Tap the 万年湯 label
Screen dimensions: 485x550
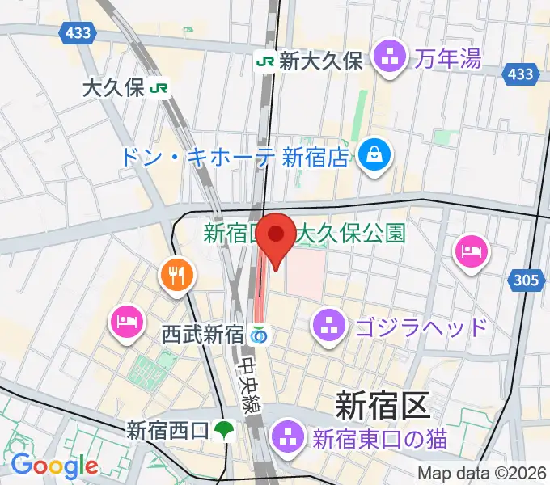[x=449, y=58]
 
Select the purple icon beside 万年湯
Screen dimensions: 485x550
[x=391, y=59]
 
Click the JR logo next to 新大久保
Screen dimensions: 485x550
[x=264, y=60]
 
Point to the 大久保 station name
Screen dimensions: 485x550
[x=113, y=88]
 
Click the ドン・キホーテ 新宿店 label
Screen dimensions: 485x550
[x=235, y=156]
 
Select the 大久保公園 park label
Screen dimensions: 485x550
[x=350, y=234]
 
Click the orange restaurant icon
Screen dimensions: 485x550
[x=176, y=275]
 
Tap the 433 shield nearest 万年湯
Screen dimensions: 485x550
[x=522, y=74]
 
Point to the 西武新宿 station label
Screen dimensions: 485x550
[x=202, y=333]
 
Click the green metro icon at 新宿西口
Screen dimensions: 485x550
[x=229, y=430]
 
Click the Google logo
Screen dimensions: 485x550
[x=54, y=466]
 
